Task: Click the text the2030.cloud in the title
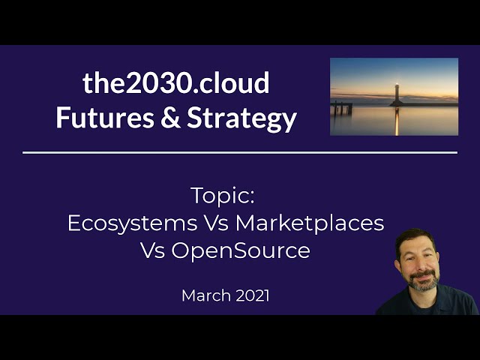[x=176, y=83]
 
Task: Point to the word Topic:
[x=223, y=196]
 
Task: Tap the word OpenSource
[x=241, y=250]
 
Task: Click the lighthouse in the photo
[x=396, y=94]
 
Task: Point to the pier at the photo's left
[x=342, y=108]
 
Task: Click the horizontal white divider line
[x=240, y=152]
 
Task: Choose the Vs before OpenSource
[x=153, y=250]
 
